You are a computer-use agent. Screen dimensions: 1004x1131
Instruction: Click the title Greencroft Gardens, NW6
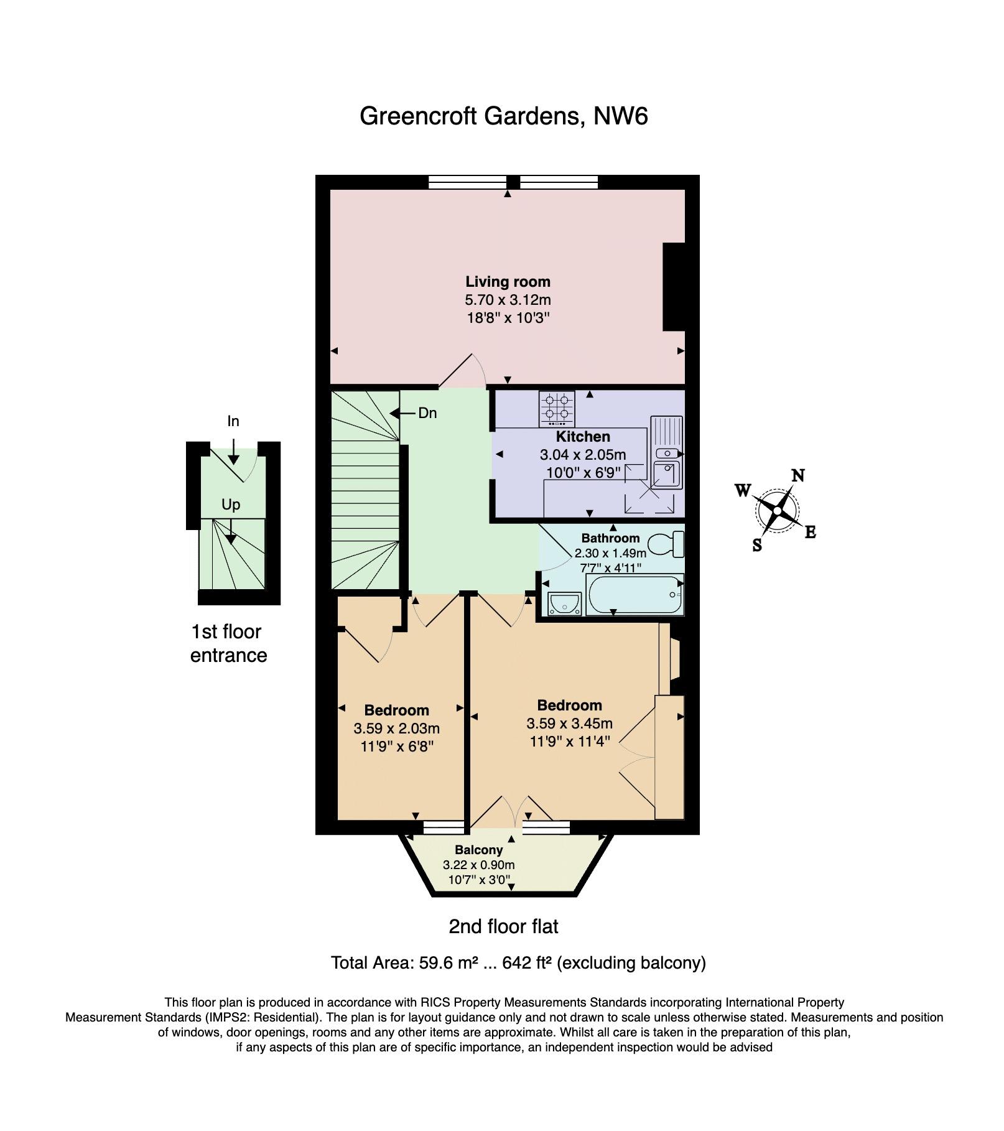click(504, 116)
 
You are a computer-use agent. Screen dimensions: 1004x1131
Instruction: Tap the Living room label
click(508, 282)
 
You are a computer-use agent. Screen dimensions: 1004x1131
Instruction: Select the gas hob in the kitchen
click(557, 408)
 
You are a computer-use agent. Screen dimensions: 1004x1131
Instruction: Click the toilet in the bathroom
click(666, 546)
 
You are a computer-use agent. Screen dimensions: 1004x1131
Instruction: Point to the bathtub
click(634, 594)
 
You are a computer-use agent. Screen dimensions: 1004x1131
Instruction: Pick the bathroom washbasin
click(564, 603)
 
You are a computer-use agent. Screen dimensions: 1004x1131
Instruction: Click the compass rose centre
click(777, 511)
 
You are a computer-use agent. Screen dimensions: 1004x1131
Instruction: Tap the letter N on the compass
click(798, 476)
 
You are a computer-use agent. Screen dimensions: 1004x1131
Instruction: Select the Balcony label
click(478, 850)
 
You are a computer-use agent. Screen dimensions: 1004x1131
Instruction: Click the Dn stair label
click(427, 413)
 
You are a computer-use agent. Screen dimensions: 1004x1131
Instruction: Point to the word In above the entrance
click(233, 422)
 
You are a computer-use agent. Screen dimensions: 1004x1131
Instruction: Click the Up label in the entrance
click(231, 505)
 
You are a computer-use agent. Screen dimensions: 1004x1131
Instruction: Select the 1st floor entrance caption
click(228, 643)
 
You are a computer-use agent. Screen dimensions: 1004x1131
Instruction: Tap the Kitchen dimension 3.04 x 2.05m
click(583, 455)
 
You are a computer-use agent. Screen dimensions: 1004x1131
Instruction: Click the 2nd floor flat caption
click(504, 927)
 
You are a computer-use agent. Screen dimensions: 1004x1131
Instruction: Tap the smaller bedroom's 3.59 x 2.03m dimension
click(397, 728)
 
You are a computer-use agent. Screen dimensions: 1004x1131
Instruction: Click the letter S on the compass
click(757, 546)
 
